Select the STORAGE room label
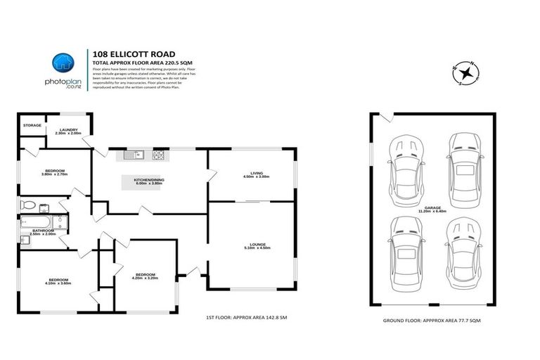pyautogui.click(x=32, y=125)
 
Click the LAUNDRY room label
pyautogui.click(x=67, y=129)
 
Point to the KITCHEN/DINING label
pyautogui.click(x=149, y=181)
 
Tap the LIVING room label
pyautogui.click(x=256, y=175)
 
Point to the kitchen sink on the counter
pyautogui.click(x=134, y=154)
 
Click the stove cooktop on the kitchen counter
pyautogui.click(x=160, y=154)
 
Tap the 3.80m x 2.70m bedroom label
pyautogui.click(x=55, y=172)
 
